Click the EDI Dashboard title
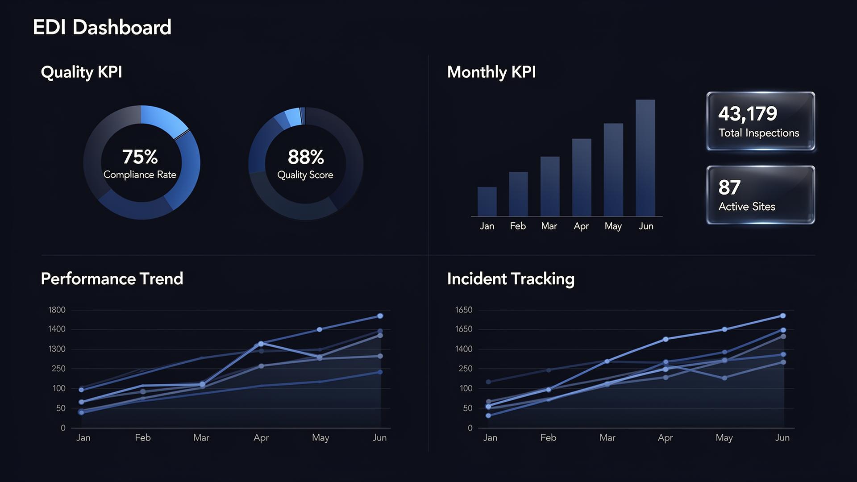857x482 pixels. (x=102, y=27)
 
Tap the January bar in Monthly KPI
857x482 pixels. (x=487, y=201)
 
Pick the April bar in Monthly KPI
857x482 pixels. (x=582, y=177)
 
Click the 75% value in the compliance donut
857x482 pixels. (x=140, y=157)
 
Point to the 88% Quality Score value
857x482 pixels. (x=306, y=157)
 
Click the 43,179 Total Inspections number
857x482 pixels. (x=748, y=113)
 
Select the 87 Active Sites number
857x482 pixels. (x=729, y=187)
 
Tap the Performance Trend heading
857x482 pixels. (x=112, y=278)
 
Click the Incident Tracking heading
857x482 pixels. (x=511, y=278)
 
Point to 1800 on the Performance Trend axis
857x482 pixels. (x=57, y=310)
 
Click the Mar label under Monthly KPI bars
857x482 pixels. (x=549, y=226)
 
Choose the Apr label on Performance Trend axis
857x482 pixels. (x=261, y=438)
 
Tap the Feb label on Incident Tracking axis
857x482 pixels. (x=548, y=438)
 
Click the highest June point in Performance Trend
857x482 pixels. (x=380, y=316)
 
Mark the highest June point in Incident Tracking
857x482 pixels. (x=783, y=316)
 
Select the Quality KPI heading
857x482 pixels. (x=81, y=72)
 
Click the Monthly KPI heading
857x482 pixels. (x=491, y=72)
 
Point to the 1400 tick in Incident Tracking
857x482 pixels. (x=464, y=349)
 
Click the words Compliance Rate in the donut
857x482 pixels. (x=140, y=175)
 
